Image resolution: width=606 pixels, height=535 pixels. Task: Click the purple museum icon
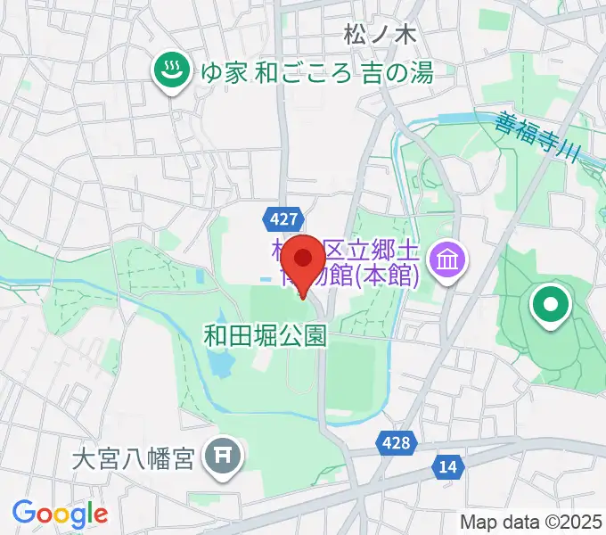point(443,260)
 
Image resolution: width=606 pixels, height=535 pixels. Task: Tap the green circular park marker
point(550,306)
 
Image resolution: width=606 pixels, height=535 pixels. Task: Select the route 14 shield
point(447,466)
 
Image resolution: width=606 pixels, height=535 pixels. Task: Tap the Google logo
point(60,513)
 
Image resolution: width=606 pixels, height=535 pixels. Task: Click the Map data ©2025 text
point(531,522)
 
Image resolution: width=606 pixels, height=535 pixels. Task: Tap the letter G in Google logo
point(23,513)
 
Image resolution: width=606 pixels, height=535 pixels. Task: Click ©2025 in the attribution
point(571,522)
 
